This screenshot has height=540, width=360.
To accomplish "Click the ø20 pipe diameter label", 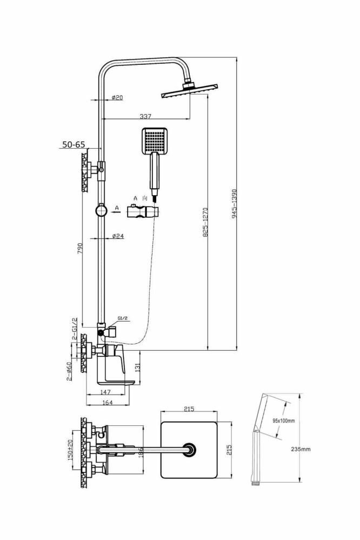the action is coord(117,98).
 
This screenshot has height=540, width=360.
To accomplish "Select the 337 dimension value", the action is coord(145,116).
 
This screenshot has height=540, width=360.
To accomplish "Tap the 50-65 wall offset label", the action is coord(74,144).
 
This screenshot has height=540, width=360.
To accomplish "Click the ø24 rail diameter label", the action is coord(118,236).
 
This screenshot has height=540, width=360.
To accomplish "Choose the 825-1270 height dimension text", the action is coord(204,222).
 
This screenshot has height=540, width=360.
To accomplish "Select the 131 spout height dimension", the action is coord(138,368).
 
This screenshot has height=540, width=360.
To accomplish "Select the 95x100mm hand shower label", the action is coord(283,421).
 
